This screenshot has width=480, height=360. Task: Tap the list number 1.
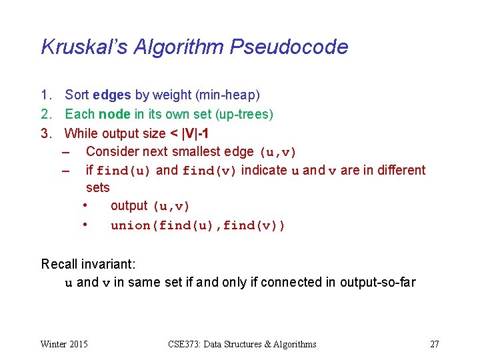tap(46, 95)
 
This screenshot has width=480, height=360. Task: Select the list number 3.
tap(46, 133)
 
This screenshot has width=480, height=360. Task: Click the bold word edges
tap(112, 95)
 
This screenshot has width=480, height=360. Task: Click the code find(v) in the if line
tap(209, 171)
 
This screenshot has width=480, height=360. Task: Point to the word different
tap(401, 170)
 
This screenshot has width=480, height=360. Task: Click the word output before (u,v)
tap(129, 206)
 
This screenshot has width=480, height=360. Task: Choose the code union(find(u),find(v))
tap(198, 225)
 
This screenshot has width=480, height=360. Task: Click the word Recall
tap(60, 264)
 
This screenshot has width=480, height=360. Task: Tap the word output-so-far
tap(377, 282)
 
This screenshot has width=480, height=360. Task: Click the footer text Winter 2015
tap(64, 344)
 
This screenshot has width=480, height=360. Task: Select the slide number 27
tap(435, 344)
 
